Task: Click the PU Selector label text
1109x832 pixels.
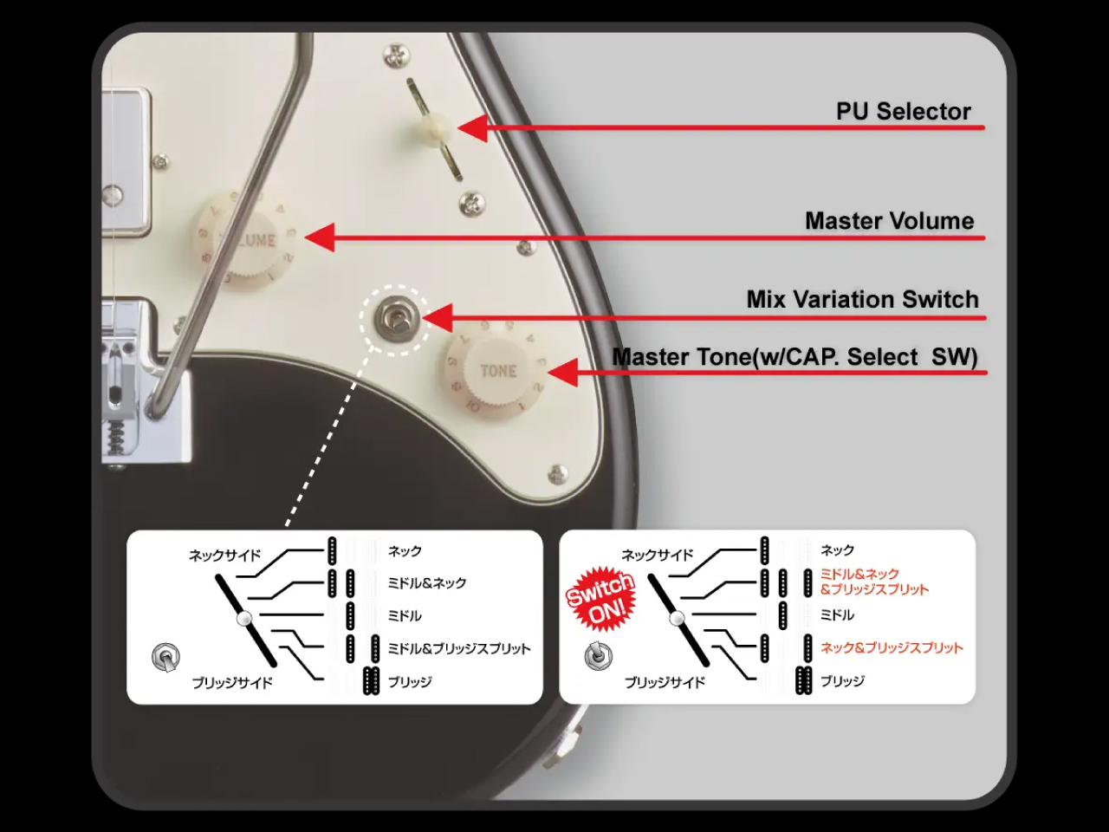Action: tap(903, 112)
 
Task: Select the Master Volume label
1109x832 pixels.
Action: tap(889, 221)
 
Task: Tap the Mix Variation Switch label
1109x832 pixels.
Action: tap(862, 300)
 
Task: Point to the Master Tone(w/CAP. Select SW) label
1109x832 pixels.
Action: tap(794, 357)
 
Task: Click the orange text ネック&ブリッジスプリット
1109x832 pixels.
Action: tap(892, 647)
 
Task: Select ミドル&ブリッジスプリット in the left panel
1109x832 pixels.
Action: tap(458, 648)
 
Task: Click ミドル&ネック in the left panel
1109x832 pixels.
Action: tap(426, 583)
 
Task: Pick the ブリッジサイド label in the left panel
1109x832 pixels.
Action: tap(232, 683)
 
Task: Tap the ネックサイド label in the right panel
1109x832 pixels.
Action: tap(658, 555)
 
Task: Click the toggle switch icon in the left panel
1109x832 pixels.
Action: tap(165, 658)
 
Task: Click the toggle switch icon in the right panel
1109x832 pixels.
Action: tap(597, 656)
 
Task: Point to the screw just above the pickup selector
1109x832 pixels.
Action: tap(397, 57)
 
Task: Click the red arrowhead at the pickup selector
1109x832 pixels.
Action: tap(473, 128)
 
